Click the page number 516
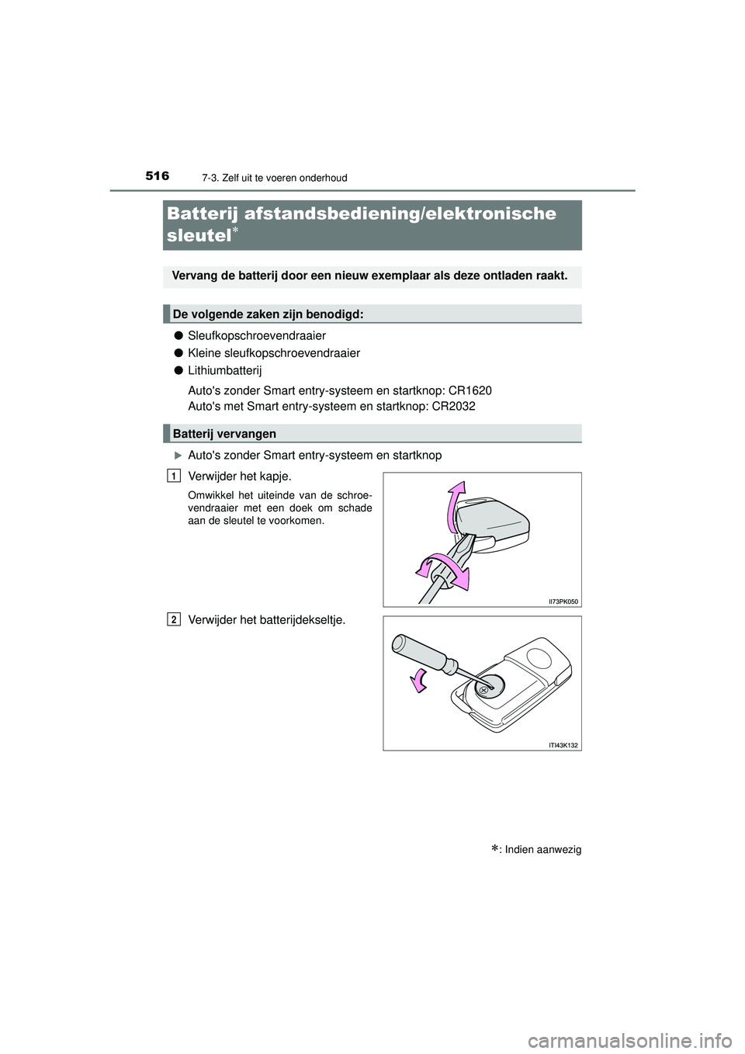coord(157,176)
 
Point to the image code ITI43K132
coord(563,745)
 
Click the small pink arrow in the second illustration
coord(419,679)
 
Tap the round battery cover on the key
coord(488,688)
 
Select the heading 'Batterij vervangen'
coord(224,434)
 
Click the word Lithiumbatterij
coord(225,371)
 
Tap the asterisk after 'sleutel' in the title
coord(235,229)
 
